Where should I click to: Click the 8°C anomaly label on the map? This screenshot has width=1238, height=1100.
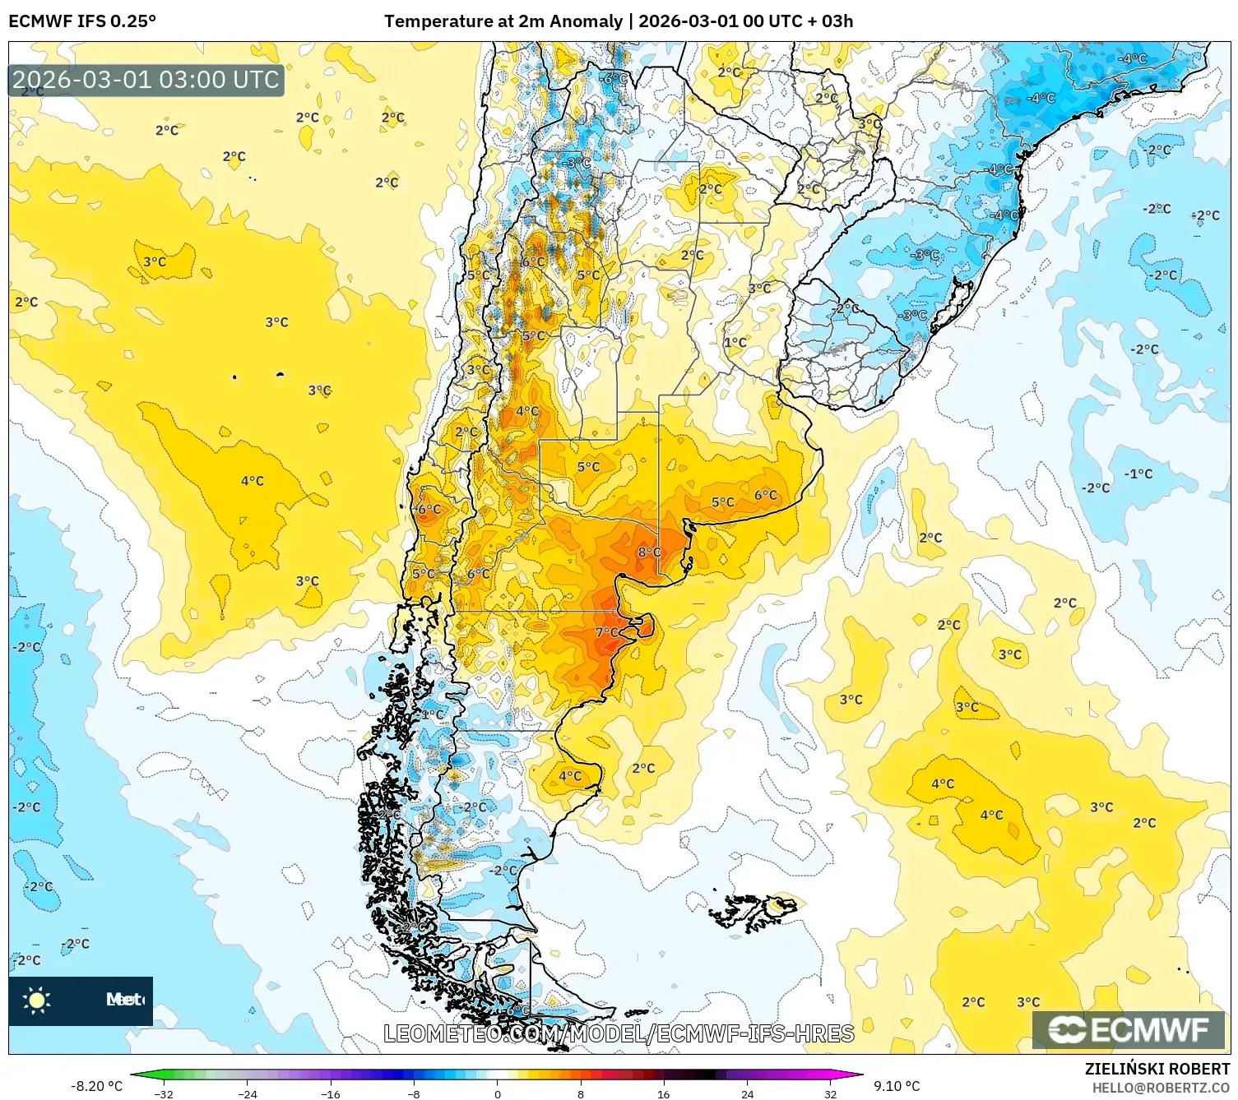pos(649,552)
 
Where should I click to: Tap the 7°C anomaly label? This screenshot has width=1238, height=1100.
pos(606,632)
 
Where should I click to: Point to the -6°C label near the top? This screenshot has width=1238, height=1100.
pos(614,79)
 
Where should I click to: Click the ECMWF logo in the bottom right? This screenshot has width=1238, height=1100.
pos(1128,1029)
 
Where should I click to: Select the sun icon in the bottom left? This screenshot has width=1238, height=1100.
pos(37,1000)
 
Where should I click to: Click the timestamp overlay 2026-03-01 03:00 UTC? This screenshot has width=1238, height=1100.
pos(146,80)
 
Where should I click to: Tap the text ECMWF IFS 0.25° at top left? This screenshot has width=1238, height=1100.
pos(82,21)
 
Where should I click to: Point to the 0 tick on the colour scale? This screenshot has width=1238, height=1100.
pos(497,1093)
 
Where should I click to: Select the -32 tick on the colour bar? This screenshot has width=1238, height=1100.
pos(164,1093)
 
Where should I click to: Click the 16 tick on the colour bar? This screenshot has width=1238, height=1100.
pos(663,1093)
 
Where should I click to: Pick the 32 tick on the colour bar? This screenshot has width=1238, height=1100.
pos(830,1093)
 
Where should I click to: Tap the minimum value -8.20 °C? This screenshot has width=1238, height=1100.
pos(96,1086)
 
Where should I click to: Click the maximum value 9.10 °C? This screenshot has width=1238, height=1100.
pos(897,1086)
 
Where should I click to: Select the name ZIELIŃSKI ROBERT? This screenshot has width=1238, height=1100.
pos(1157,1069)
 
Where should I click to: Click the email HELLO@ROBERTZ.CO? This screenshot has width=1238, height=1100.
pos(1160,1088)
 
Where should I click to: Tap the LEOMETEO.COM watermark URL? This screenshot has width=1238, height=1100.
pos(619,1033)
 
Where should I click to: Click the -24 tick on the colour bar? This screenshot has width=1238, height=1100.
pos(247,1093)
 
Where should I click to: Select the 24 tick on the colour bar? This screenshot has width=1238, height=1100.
pos(747,1093)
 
